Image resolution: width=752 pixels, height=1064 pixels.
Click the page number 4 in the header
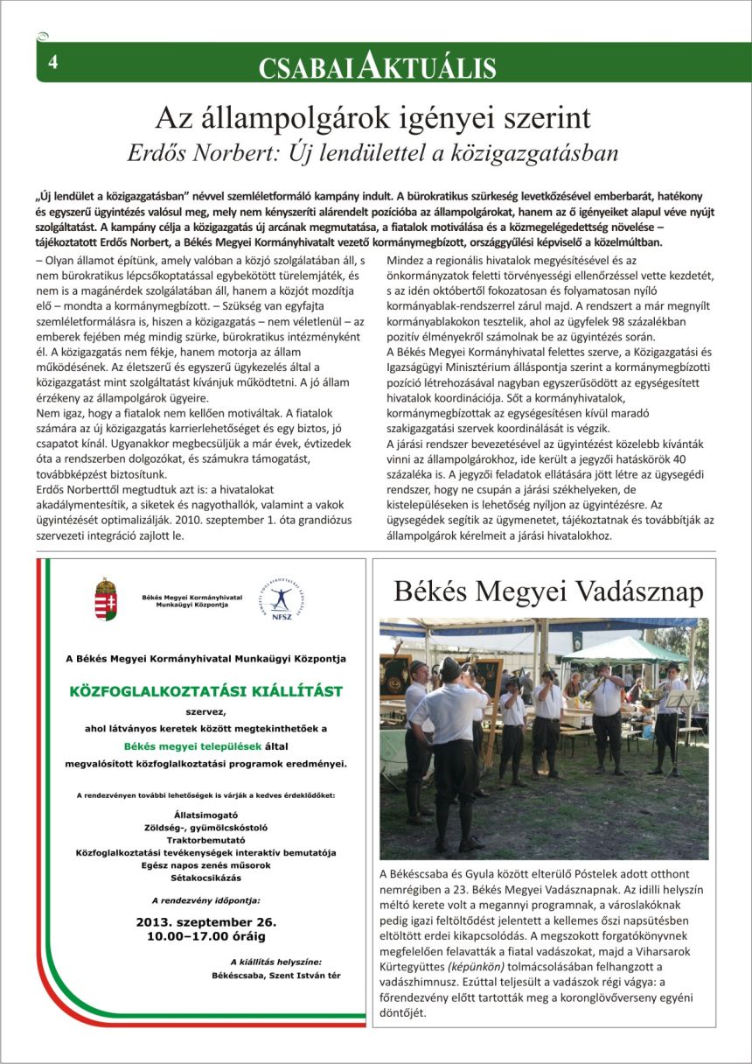click(53, 63)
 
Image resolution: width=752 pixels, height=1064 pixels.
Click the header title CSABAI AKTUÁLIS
click(378, 66)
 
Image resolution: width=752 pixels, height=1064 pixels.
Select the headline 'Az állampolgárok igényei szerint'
click(373, 117)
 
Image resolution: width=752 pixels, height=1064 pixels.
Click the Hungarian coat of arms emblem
click(106, 598)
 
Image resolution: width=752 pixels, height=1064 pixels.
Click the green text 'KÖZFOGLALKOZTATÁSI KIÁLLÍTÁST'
click(205, 691)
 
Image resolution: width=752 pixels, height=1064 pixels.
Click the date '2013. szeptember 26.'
click(206, 922)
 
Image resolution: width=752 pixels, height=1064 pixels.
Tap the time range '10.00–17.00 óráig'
click(206, 936)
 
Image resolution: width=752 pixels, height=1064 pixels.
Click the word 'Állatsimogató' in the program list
click(206, 815)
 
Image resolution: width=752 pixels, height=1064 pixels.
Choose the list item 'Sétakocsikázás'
click(206, 877)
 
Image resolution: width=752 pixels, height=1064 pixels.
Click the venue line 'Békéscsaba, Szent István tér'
click(276, 974)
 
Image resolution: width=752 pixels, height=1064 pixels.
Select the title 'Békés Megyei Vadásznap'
click(548, 591)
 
